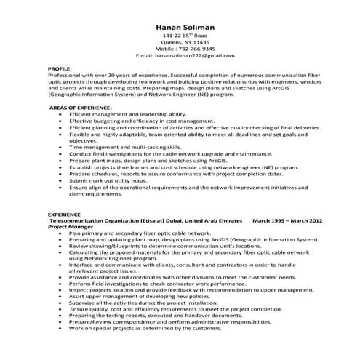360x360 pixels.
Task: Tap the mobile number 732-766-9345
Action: (192, 49)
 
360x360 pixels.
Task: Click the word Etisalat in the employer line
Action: (152, 220)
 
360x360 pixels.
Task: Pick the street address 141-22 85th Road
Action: (180, 35)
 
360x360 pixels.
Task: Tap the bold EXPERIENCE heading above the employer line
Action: (64, 214)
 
